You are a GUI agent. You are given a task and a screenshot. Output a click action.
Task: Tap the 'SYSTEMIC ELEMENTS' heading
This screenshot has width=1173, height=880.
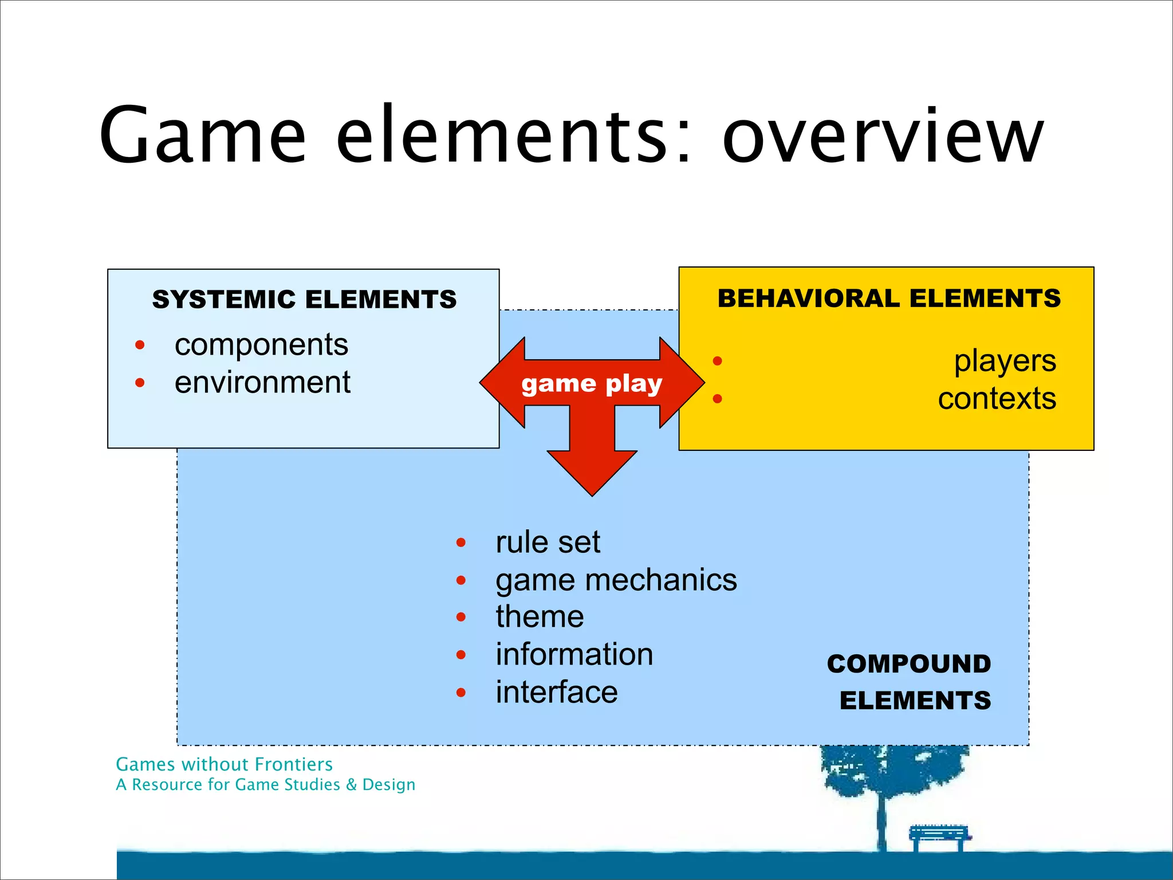click(x=304, y=299)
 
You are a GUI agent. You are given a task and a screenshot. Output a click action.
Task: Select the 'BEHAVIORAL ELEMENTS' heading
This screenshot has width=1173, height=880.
click(x=889, y=298)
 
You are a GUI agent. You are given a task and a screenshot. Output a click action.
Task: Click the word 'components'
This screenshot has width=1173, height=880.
click(x=261, y=345)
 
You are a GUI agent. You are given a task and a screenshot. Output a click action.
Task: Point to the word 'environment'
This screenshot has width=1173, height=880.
click(x=262, y=383)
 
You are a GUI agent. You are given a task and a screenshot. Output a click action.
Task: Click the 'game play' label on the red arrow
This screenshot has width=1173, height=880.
click(x=592, y=384)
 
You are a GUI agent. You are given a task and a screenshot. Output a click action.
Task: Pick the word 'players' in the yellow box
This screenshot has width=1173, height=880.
click(x=1005, y=361)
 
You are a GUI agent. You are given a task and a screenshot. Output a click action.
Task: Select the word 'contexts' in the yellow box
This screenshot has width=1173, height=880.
click(x=997, y=399)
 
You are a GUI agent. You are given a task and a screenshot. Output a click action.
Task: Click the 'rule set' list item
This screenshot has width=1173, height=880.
click(x=548, y=542)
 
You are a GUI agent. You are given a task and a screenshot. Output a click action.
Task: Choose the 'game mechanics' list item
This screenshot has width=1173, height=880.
click(x=616, y=580)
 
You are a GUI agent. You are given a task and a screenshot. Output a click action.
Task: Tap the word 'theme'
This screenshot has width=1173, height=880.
click(x=540, y=617)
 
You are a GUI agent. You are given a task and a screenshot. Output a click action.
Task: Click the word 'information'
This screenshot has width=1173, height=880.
click(x=574, y=654)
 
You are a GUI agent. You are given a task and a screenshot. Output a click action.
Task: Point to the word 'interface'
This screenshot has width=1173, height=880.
click(x=556, y=692)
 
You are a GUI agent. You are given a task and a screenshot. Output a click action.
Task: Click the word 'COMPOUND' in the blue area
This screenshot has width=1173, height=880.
click(x=908, y=664)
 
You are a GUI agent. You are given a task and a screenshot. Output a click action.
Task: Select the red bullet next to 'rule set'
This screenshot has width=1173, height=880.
click(x=461, y=543)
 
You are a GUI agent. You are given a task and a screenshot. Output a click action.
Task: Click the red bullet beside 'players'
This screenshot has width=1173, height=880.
click(x=717, y=361)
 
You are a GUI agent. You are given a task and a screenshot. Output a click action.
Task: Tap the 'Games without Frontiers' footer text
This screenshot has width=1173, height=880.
click(x=224, y=764)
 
